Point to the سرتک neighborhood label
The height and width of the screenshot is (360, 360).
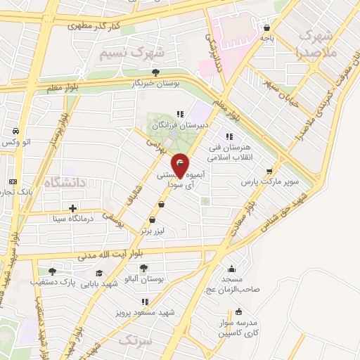pos(134,340)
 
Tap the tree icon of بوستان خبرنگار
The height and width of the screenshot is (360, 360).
pos(155,72)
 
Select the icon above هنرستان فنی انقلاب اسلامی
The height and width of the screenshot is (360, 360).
pos(228,136)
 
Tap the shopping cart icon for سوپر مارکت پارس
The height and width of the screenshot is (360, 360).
pos(269,171)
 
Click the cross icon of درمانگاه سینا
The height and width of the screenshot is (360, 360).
pos(73,208)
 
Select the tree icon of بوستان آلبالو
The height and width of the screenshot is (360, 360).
pos(144,268)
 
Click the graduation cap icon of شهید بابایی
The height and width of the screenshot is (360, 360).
pos(100,273)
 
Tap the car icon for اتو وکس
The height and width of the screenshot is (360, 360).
pos(15,131)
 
